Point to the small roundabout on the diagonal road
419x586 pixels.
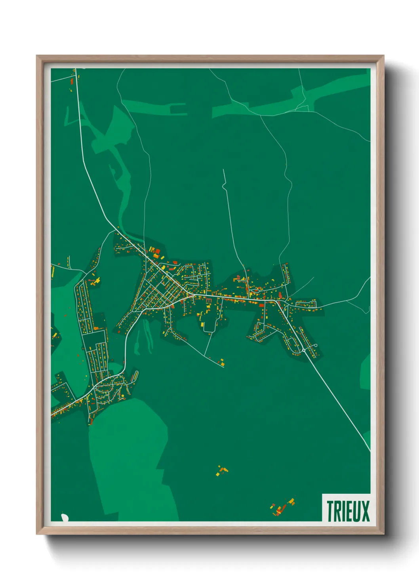[x=304, y=350]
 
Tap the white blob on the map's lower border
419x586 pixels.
[x=64, y=517]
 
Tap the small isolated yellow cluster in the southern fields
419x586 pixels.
[x=222, y=471]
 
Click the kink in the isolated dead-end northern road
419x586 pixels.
[x=224, y=185]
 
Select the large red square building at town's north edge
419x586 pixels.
[x=157, y=250]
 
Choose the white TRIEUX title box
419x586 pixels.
[x=347, y=508]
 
